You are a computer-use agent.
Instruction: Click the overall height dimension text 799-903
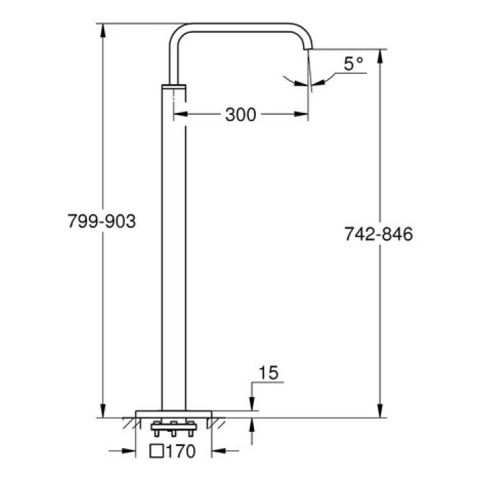103,222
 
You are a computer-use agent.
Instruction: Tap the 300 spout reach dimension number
240,115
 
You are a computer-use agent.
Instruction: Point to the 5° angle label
352,64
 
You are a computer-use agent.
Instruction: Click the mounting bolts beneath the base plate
174,430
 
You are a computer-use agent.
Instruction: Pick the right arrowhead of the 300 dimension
305,115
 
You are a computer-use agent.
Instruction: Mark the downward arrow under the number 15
253,405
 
